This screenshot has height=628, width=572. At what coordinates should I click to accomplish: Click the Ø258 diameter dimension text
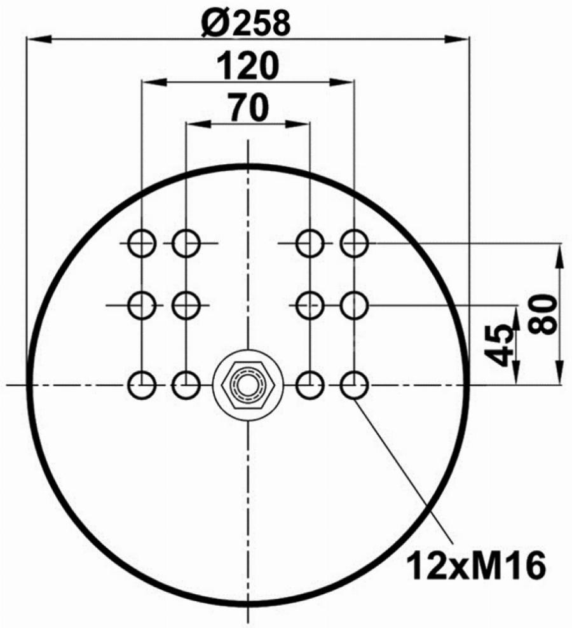click(x=245, y=24)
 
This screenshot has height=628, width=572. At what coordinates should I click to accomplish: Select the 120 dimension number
click(x=247, y=66)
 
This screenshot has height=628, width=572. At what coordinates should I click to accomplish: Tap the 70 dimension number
click(x=248, y=108)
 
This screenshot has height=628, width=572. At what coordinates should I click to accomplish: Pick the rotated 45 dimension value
click(x=499, y=345)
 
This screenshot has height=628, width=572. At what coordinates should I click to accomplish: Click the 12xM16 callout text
click(x=476, y=565)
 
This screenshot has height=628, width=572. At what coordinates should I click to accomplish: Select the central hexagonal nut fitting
click(x=248, y=386)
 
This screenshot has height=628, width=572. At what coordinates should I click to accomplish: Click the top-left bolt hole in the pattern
click(x=142, y=243)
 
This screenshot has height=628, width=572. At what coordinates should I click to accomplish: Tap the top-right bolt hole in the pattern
click(x=355, y=243)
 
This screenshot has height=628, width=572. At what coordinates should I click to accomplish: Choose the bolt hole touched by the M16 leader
click(x=355, y=386)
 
